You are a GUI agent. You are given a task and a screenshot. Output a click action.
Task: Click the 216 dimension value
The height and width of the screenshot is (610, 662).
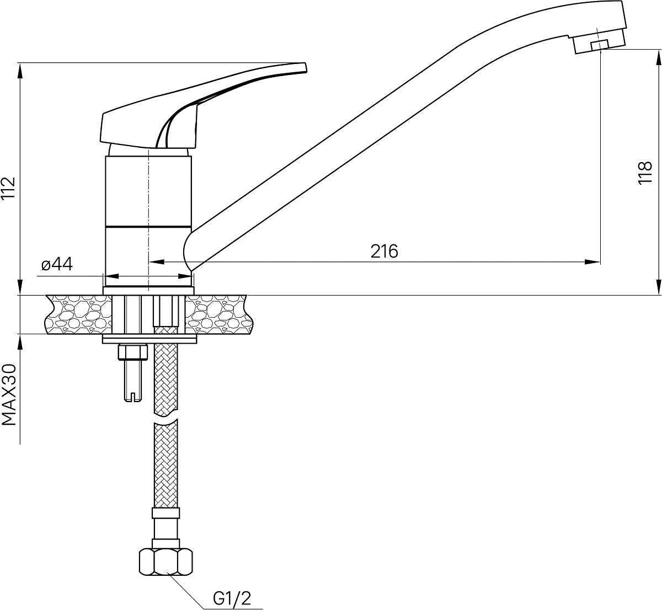pyautogui.click(x=384, y=251)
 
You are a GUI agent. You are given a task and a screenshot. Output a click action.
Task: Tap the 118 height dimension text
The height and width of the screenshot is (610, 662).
pyautogui.click(x=645, y=173)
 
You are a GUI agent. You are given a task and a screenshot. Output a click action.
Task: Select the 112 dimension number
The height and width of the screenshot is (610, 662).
pyautogui.click(x=8, y=189)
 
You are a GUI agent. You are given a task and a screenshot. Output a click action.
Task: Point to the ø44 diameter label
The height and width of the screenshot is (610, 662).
pyautogui.click(x=57, y=264)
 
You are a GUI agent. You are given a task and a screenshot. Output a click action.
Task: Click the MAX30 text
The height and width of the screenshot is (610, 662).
pyautogui.click(x=9, y=395)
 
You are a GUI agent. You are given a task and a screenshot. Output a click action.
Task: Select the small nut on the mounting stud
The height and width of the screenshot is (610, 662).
pyautogui.click(x=132, y=352)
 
